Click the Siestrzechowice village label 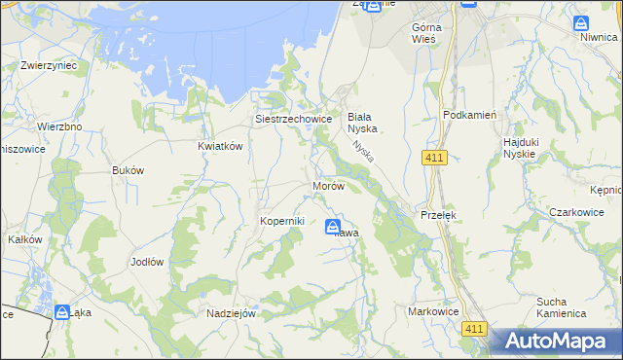click(x=294, y=120)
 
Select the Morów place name click(x=328, y=186)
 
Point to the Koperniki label click(x=282, y=221)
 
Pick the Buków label click(x=128, y=170)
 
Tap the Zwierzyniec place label click(x=49, y=66)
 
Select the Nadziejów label click(x=231, y=313)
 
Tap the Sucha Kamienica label click(x=561, y=307)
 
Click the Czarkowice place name click(x=577, y=211)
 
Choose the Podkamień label click(x=469, y=115)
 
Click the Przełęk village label click(x=438, y=215)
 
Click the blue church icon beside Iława click(x=333, y=226)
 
